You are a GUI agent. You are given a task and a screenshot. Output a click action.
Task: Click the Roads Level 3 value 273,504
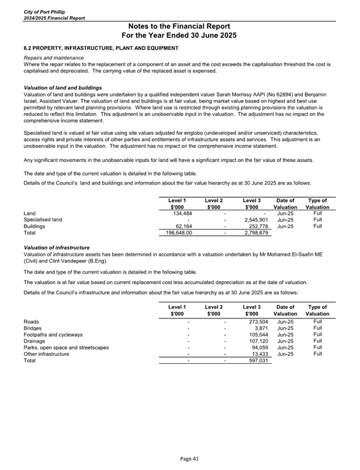pos(258,321)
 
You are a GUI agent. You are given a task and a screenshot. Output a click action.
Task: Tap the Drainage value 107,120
pos(258,341)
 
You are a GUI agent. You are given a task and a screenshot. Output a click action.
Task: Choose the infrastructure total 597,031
pos(258,360)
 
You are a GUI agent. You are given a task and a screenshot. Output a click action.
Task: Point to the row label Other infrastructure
pos(46,354)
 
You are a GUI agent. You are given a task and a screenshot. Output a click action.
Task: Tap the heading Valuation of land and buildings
pos(62,88)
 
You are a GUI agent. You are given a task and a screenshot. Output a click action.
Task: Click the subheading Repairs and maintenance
pos(54,58)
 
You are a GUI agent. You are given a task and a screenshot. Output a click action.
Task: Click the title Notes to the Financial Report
pos(179,26)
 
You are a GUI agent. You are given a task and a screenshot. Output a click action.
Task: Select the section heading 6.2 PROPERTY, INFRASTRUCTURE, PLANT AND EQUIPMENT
pos(101,48)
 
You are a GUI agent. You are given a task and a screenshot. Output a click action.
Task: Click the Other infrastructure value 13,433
pos(259,354)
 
